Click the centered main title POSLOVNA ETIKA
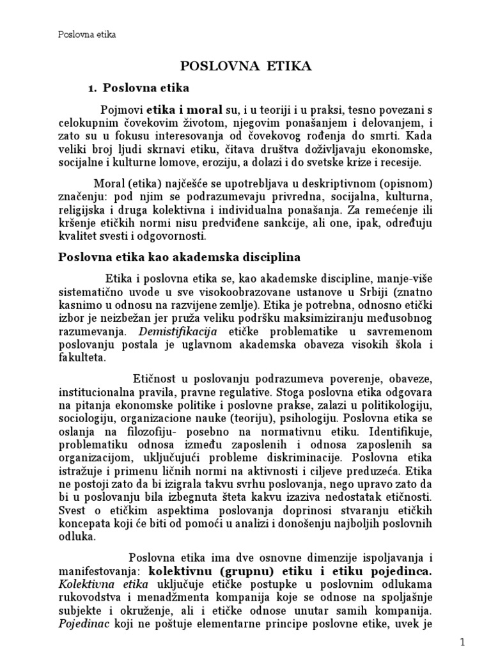click(245, 67)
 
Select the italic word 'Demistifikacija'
click(182, 331)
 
